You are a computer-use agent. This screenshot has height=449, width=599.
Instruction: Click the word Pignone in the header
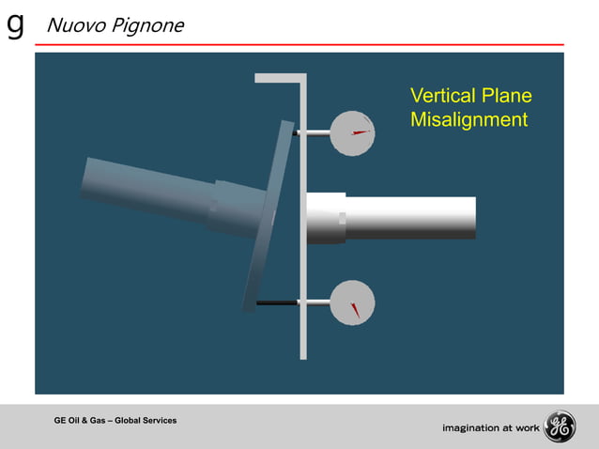coord(146,24)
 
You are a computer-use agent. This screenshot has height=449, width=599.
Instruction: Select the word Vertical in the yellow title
coord(443,96)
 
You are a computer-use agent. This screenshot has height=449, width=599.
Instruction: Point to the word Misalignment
coord(468,120)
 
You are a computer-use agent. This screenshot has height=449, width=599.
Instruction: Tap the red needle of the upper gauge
coord(360,132)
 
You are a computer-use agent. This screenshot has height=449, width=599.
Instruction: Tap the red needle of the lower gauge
coord(355,309)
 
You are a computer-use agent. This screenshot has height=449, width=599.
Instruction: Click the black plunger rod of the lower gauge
coord(277,302)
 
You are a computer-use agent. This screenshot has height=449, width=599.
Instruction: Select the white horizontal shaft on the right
coord(413,218)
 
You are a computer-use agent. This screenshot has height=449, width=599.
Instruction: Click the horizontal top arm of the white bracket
coord(280,78)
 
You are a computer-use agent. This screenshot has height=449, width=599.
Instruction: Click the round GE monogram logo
coord(560,427)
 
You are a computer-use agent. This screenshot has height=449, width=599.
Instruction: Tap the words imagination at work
coord(491,428)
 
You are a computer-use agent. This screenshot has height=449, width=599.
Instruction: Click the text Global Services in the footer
coord(145,420)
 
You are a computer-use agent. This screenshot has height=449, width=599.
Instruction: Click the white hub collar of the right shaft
coord(326,218)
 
